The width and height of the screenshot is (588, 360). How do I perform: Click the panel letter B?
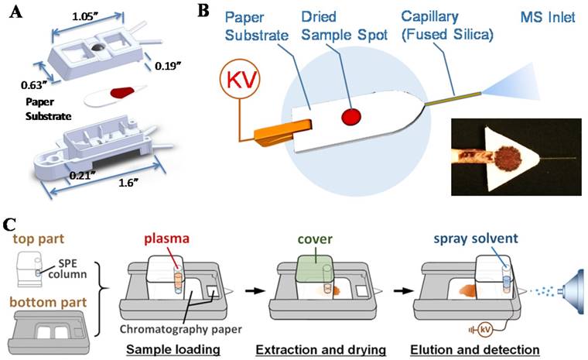click(x=202, y=11)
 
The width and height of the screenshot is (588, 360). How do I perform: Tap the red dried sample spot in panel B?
click(x=353, y=118)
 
